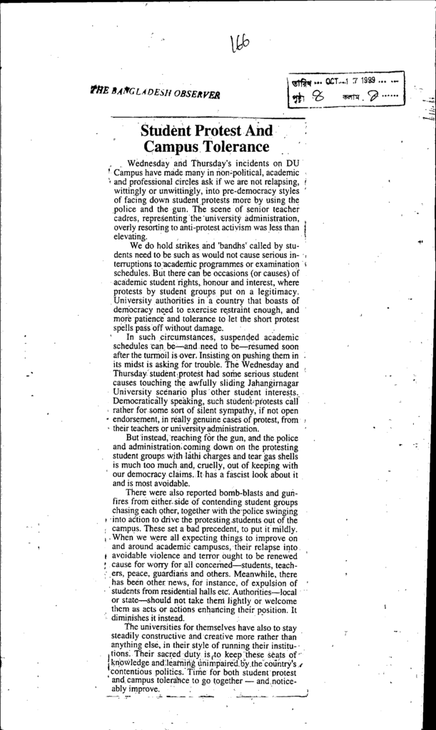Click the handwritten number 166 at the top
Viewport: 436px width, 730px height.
coord(240,46)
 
